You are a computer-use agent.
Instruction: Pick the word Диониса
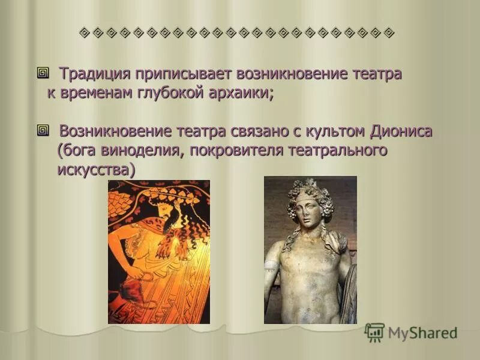400,131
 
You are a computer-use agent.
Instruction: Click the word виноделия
137,151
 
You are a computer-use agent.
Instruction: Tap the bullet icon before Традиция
43,74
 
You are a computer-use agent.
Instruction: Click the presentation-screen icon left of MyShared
374,332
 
